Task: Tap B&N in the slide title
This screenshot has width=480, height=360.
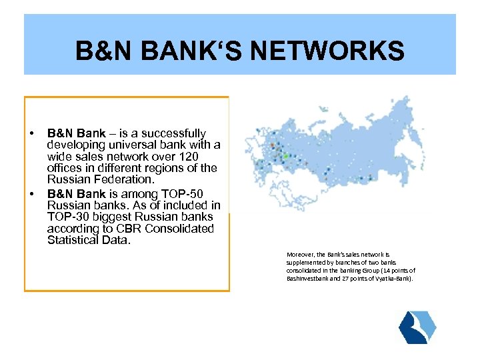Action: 100,51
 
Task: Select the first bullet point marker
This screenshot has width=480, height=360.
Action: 31,134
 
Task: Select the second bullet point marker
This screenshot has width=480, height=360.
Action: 31,193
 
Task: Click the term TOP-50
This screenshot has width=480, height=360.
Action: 194,193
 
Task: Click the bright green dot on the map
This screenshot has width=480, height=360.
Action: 286,156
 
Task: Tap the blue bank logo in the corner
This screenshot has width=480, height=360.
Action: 417,327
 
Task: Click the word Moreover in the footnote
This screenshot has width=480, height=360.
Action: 299,255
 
